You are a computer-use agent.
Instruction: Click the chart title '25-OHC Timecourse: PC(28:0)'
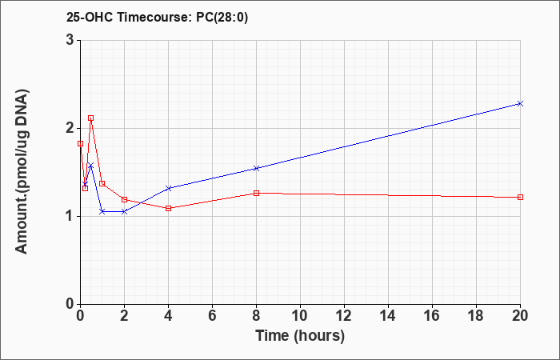157,18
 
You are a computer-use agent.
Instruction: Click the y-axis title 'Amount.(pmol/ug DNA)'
22,172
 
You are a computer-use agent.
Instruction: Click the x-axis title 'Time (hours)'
300,336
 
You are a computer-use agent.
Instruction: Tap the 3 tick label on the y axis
71,40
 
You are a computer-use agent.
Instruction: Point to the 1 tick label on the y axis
71,217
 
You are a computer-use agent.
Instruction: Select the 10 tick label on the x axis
300,316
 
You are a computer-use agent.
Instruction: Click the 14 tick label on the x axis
388,316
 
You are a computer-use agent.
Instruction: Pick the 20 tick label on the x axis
520,316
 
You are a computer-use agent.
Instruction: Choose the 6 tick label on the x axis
212,316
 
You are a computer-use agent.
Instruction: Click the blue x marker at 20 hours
520,103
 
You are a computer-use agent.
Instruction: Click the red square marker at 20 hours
520,197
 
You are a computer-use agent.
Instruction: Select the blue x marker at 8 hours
256,168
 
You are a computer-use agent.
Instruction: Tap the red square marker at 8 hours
256,194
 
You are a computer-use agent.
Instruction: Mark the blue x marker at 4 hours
168,188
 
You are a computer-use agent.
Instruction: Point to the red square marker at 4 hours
168,208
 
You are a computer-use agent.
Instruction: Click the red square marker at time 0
80,143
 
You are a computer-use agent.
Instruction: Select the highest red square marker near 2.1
90,118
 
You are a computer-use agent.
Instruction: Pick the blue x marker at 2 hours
124,212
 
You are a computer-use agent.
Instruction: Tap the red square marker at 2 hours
124,199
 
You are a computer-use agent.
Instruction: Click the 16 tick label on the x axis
432,316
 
